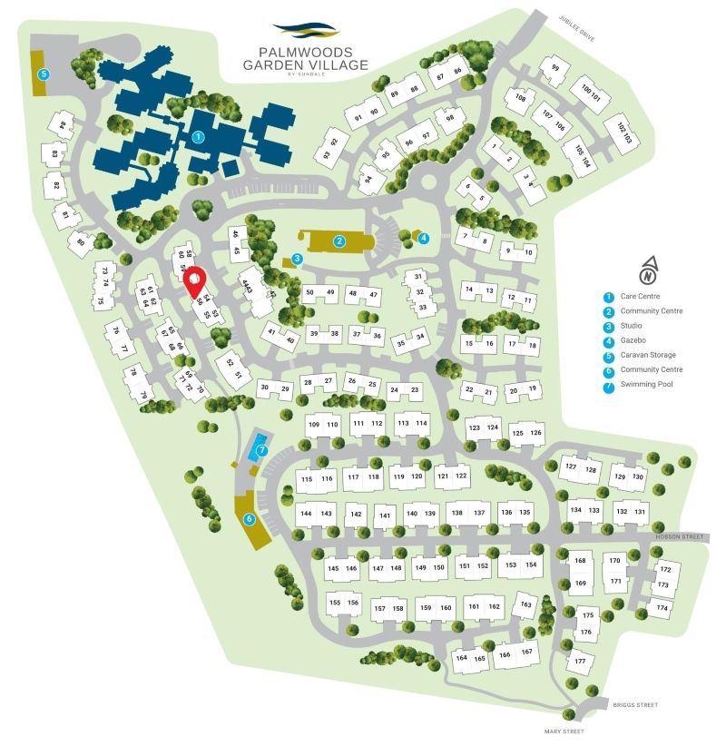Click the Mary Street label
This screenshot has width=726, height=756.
click(563, 731)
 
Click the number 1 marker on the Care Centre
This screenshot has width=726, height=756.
click(198, 137)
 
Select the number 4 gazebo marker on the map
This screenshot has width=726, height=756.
click(424, 238)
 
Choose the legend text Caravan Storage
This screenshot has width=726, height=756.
click(648, 355)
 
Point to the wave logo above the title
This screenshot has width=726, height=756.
click(305, 30)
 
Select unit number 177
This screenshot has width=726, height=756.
click(579, 661)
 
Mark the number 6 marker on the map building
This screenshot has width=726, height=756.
click(248, 519)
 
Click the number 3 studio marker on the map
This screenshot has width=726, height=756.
click(297, 258)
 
